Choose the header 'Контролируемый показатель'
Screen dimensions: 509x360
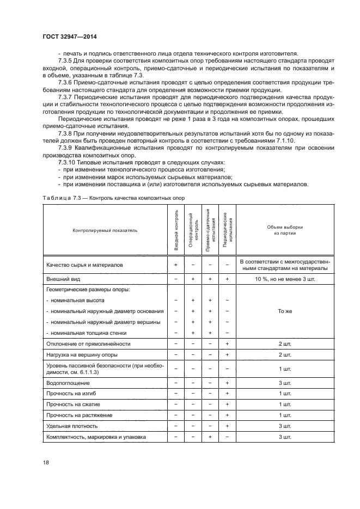(x=105, y=230)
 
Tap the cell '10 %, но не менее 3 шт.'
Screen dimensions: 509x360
(x=284, y=279)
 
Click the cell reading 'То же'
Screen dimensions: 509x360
(x=284, y=311)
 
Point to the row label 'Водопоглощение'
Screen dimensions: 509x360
(x=68, y=383)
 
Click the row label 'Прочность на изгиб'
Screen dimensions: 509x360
(x=72, y=394)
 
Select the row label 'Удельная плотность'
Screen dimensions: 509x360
(x=72, y=426)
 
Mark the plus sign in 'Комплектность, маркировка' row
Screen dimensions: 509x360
(x=210, y=437)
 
